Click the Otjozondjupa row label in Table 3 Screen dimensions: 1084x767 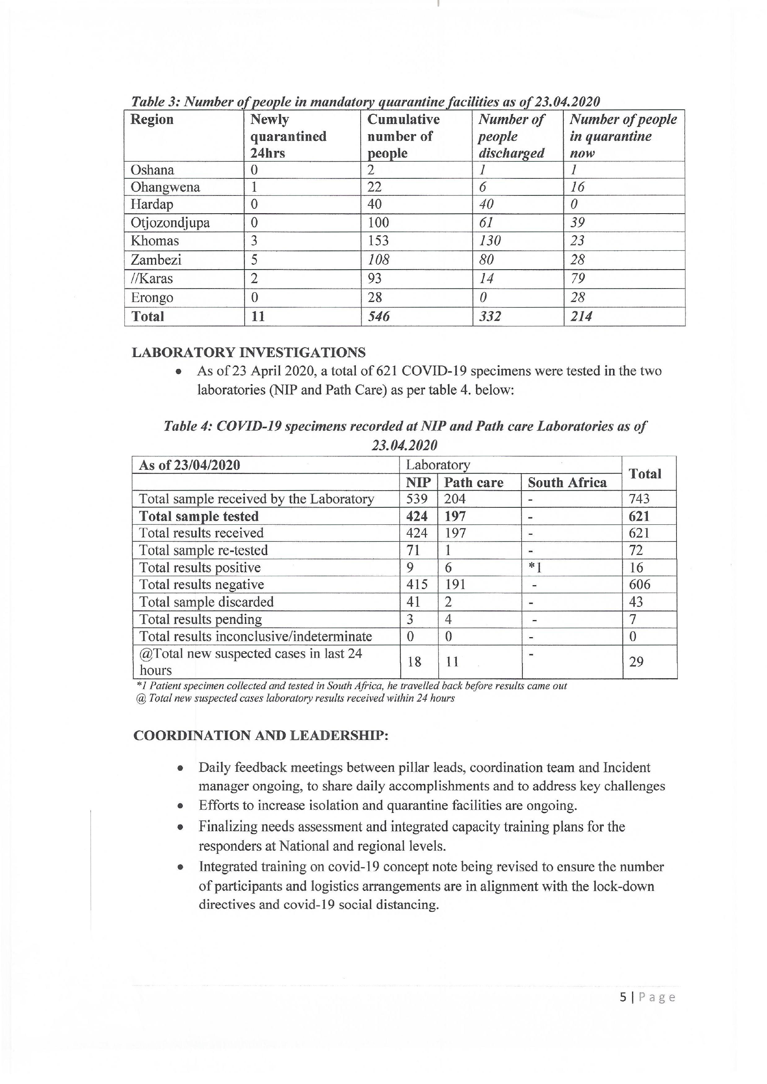click(x=170, y=223)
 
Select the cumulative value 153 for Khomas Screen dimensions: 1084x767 click(x=378, y=241)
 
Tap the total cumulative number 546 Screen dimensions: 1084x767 click(x=379, y=316)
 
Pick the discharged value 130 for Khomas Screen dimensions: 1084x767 click(x=490, y=241)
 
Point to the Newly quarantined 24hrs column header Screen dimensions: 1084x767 click(x=288, y=136)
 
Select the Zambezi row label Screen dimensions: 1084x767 click(x=156, y=260)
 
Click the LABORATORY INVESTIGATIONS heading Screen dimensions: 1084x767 click(x=248, y=353)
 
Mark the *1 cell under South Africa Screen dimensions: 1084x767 click(x=535, y=567)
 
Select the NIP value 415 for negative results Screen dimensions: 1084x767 click(x=417, y=584)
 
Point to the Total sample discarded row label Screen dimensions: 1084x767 click(x=206, y=602)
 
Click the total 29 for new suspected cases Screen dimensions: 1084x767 click(x=636, y=662)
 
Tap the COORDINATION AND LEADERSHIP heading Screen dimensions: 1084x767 click(x=261, y=735)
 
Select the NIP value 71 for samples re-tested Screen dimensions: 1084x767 click(x=413, y=550)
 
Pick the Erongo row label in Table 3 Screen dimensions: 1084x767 click(x=152, y=298)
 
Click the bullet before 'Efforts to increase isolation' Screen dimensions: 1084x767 click(x=180, y=806)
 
